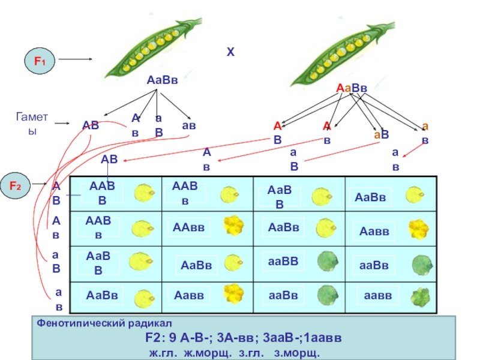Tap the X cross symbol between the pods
pos(230,53)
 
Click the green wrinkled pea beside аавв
pos(419,296)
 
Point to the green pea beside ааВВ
pos(327,260)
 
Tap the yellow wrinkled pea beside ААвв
pos(233,226)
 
